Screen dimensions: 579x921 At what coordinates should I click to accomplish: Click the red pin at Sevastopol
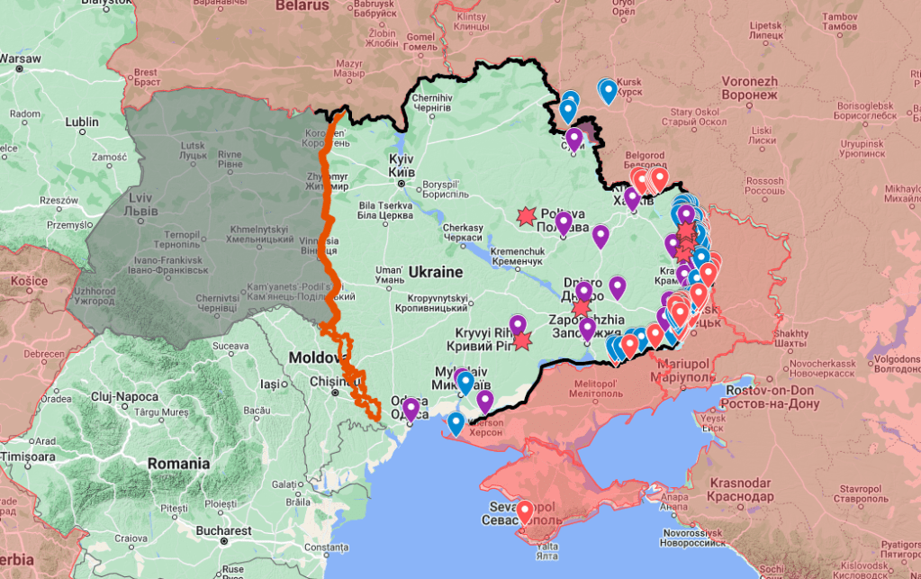tap(524, 511)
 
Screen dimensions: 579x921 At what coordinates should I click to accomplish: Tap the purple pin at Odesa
tap(411, 410)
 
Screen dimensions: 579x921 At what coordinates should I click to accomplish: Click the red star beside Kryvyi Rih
tap(522, 340)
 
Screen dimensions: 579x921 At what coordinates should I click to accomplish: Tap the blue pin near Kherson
tap(456, 422)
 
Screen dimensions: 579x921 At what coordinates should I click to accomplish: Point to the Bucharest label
tap(224, 530)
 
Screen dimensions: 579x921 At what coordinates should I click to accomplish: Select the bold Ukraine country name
tap(435, 271)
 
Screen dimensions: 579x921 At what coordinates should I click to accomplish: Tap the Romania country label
tap(179, 464)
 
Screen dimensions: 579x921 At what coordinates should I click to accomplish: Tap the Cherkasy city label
tap(465, 232)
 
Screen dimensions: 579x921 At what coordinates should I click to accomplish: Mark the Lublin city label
tap(82, 122)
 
